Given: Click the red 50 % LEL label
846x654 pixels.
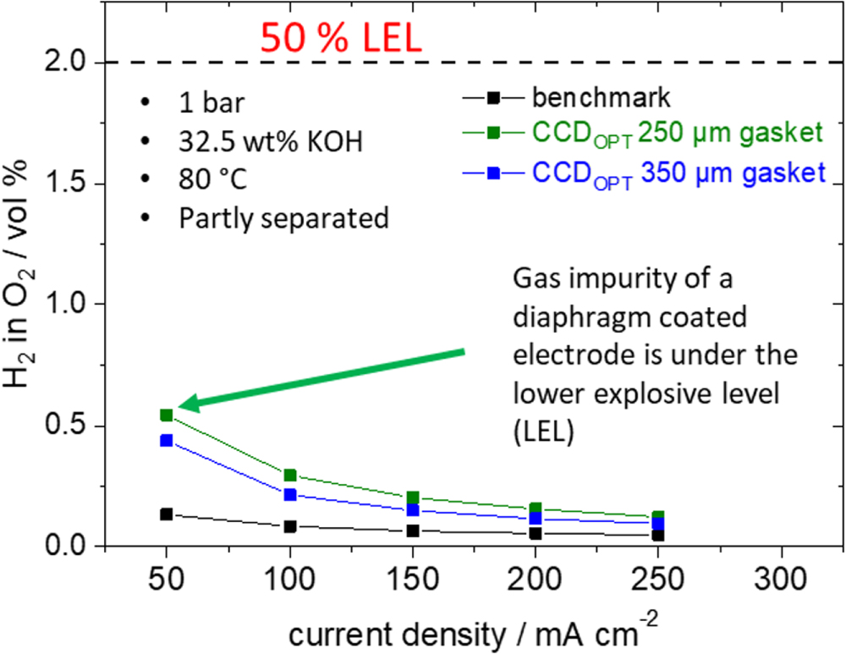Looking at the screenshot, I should tap(340, 39).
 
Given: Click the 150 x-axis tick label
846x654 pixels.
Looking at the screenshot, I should tap(412, 584).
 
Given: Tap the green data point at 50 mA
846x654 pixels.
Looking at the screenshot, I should tap(167, 415).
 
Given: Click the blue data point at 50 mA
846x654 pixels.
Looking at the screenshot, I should tap(167, 441).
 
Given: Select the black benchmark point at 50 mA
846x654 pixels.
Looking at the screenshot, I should tap(167, 514).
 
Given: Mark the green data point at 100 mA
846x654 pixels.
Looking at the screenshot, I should tap(289, 475).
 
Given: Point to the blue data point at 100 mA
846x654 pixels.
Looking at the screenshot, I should tap(289, 494).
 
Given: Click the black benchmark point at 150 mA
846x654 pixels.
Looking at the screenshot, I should tap(412, 530).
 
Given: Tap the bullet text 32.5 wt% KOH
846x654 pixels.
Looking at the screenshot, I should tap(271, 140).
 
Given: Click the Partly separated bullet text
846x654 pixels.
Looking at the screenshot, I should tap(283, 217).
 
